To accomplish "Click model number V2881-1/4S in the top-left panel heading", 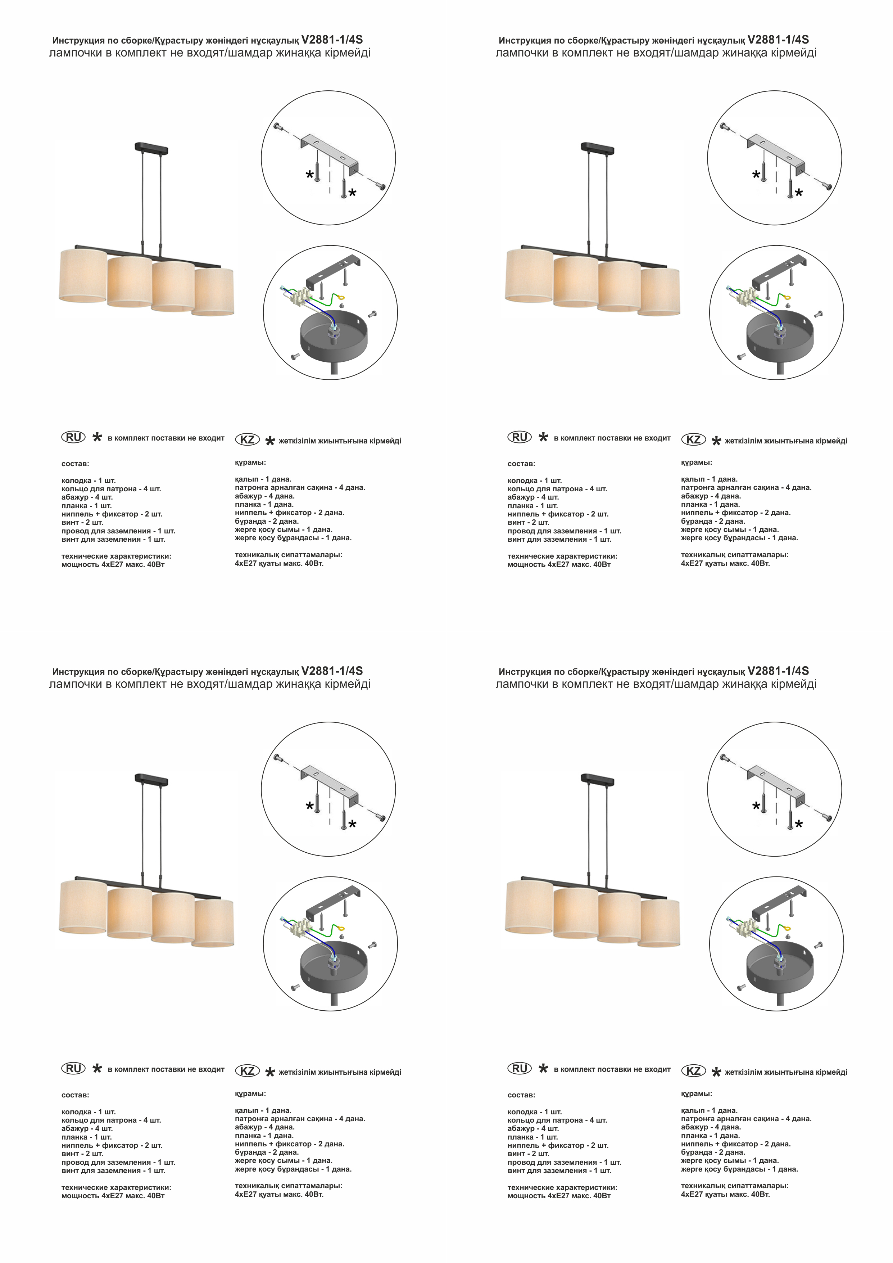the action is (332, 40).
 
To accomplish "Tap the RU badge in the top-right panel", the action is (520, 437).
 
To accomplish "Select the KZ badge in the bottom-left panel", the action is (248, 1070).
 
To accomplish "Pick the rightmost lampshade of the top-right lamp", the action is (659, 292).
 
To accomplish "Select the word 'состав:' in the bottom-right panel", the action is (521, 1095).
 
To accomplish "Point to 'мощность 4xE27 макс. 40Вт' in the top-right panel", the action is (559, 564).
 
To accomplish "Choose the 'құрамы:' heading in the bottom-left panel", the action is (250, 1093).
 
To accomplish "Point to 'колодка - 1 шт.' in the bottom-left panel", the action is (89, 1112).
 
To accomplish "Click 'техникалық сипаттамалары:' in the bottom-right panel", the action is (735, 1186).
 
